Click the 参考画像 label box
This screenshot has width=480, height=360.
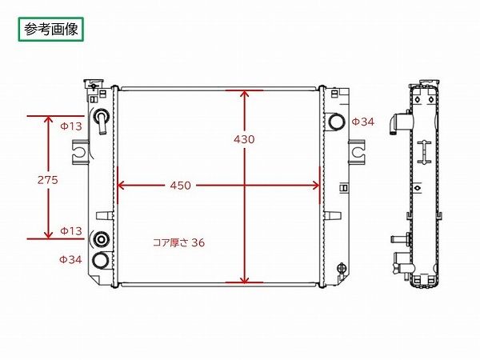[51, 30]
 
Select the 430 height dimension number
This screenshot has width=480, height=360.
[244, 139]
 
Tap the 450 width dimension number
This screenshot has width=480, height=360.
[180, 186]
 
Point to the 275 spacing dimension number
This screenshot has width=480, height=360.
[48, 180]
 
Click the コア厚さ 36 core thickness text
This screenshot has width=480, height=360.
[178, 242]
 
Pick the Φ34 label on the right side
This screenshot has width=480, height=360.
[363, 122]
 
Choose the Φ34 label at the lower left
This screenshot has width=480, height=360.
[70, 259]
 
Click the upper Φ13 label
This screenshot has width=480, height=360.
[71, 126]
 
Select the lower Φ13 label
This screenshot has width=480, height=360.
[71, 231]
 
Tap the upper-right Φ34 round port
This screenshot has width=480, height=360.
[337, 122]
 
